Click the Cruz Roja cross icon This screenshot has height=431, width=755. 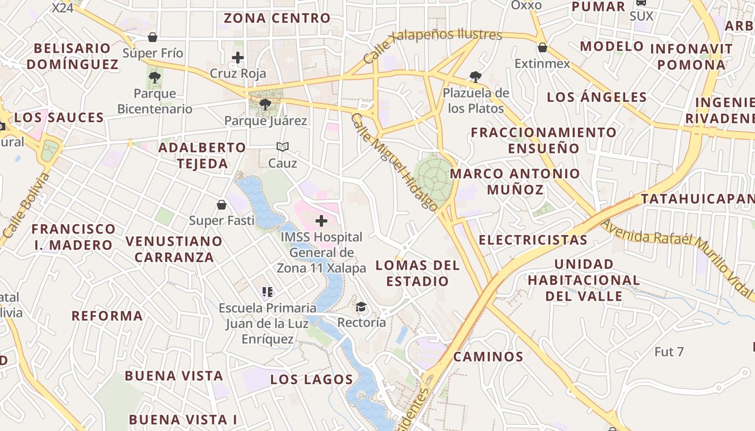pyautogui.click(x=238, y=58)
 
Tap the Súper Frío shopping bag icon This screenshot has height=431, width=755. pyautogui.click(x=153, y=37)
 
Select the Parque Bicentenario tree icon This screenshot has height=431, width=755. pyautogui.click(x=155, y=77)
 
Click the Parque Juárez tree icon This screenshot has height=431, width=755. pyautogui.click(x=265, y=104)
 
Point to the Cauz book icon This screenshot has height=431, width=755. pyautogui.click(x=283, y=147)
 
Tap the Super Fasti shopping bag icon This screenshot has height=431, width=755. pyautogui.click(x=222, y=205)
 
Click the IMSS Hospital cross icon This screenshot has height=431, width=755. pyautogui.click(x=321, y=220)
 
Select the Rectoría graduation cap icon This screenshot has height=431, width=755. pyautogui.click(x=361, y=307)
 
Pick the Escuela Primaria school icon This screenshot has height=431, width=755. pyautogui.click(x=267, y=292)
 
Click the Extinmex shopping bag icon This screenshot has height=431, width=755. pyautogui.click(x=543, y=47)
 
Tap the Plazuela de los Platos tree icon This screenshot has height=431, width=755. pyautogui.click(x=475, y=77)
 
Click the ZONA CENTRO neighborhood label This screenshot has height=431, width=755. pyautogui.click(x=277, y=18)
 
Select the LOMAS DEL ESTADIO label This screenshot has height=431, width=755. pyautogui.click(x=417, y=273)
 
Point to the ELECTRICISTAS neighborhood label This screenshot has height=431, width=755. pyautogui.click(x=533, y=240)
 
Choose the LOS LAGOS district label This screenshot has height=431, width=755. pyautogui.click(x=312, y=379)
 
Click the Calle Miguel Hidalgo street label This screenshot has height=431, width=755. pyautogui.click(x=394, y=162)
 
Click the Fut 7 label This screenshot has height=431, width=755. pyautogui.click(x=669, y=352)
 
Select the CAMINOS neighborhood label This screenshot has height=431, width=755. pyautogui.click(x=488, y=357)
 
